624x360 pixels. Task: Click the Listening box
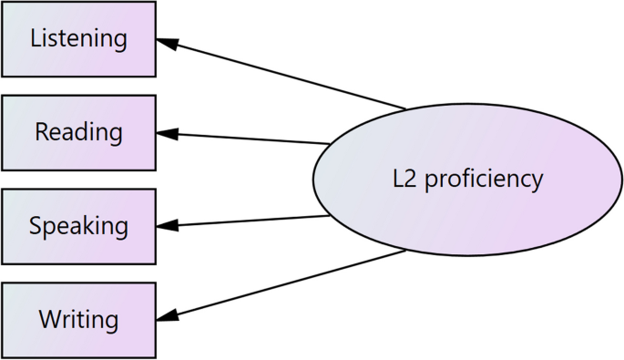coord(78,38)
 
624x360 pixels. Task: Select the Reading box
coord(78,132)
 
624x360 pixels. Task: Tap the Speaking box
coord(78,225)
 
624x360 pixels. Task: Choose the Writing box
coord(78,319)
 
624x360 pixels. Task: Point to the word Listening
coord(78,38)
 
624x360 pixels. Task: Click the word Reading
coord(78,132)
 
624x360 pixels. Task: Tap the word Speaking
coord(78,225)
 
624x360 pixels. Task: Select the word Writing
coord(78,320)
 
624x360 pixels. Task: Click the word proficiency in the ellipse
coord(485,179)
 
